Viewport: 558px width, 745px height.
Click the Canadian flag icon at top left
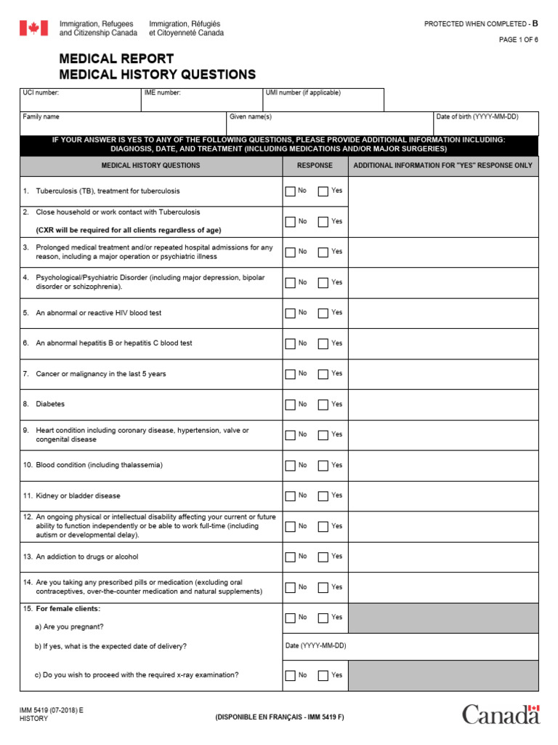33,28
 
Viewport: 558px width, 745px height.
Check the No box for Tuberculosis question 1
291,191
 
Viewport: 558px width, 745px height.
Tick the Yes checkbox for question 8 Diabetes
323,405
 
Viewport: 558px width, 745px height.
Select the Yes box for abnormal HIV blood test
323,313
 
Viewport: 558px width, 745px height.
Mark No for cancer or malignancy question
291,374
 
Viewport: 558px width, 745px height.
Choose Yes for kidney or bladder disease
323,496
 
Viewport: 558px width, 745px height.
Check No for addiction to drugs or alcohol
291,557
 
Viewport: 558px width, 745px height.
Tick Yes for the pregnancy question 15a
323,618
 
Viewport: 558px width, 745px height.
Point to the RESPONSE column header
315,166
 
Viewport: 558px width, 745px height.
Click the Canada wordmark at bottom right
501,714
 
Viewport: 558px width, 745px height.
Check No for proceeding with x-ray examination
291,676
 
